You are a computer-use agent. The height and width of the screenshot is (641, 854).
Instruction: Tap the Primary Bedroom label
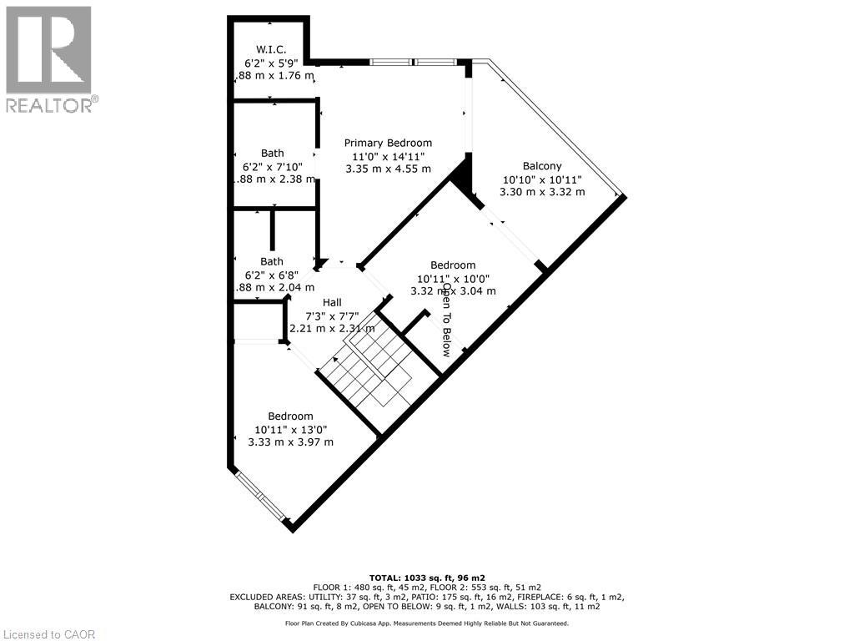tap(388, 143)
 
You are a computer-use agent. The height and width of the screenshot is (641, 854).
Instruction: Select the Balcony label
tap(542, 166)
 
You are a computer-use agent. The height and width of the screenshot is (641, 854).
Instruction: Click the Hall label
tap(332, 302)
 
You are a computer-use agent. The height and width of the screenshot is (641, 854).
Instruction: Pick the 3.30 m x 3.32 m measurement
tap(542, 192)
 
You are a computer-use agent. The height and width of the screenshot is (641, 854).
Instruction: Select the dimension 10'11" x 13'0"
tap(290, 429)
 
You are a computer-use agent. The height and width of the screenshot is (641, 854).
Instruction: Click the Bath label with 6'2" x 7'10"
tap(272, 153)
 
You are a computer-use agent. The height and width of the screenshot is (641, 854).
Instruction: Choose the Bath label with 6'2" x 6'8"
tap(272, 261)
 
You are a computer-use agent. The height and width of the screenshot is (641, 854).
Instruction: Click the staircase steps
tap(367, 371)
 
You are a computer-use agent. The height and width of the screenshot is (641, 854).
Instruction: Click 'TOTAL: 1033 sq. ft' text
tap(427, 578)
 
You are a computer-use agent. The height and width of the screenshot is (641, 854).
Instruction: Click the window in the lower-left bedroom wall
tap(260, 497)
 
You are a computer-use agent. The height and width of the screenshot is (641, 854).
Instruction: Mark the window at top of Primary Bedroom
tap(414, 62)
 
